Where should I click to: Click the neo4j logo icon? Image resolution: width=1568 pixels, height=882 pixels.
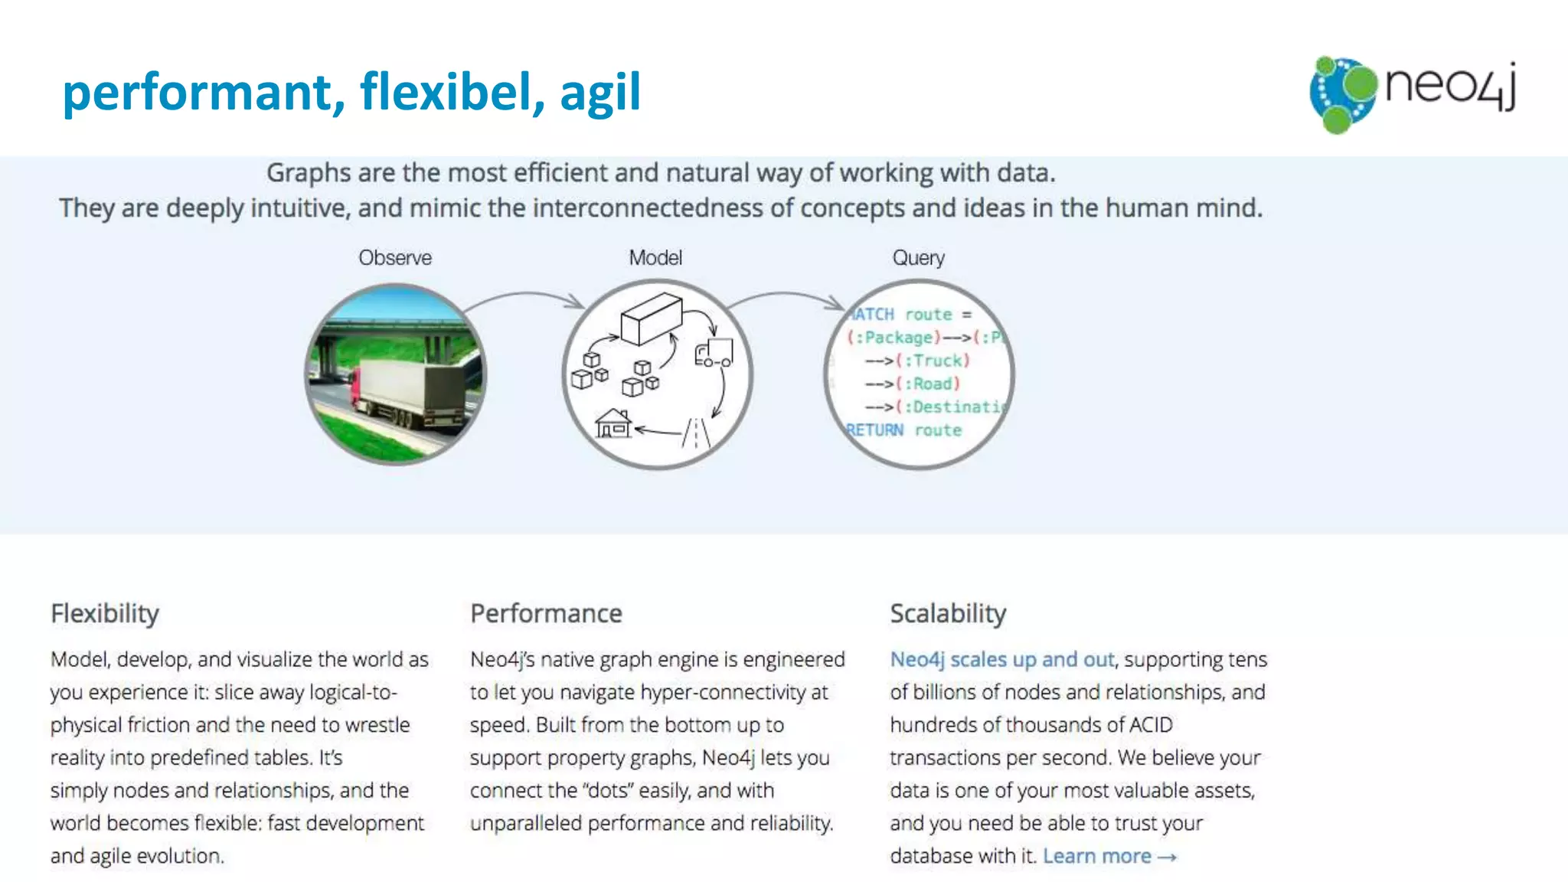tap(1342, 93)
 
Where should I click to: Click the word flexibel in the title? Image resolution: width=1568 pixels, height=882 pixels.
tap(452, 92)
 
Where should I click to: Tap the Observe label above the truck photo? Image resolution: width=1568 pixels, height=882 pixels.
tap(395, 258)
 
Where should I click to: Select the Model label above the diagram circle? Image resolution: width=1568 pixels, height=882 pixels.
tap(655, 258)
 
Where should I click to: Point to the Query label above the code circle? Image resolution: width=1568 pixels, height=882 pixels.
tap(918, 258)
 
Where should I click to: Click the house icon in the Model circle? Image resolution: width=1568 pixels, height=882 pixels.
tap(613, 423)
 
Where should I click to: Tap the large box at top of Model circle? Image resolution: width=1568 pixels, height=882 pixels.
tap(651, 318)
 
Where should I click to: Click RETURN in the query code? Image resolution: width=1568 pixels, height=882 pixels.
tap(874, 430)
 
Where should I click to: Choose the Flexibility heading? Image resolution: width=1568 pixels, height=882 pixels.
tap(105, 613)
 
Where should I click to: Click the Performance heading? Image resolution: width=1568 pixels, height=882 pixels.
tap(546, 613)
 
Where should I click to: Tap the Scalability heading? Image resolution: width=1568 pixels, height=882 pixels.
tap(948, 613)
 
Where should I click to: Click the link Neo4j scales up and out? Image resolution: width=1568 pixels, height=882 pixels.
tap(1001, 659)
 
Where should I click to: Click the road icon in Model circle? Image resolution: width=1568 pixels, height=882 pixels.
tap(696, 433)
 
